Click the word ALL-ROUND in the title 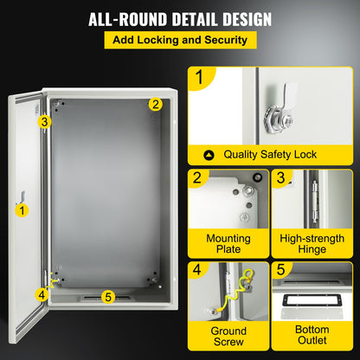pyautogui.click(x=122, y=19)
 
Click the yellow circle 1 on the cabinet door pyautogui.click(x=22, y=209)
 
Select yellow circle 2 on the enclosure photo pyautogui.click(x=155, y=105)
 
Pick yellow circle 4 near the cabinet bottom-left pyautogui.click(x=41, y=293)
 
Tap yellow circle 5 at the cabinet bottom pyautogui.click(x=108, y=297)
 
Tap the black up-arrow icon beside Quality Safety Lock pyautogui.click(x=208, y=155)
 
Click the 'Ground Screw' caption pyautogui.click(x=228, y=337)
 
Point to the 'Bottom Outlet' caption pyautogui.click(x=312, y=337)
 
